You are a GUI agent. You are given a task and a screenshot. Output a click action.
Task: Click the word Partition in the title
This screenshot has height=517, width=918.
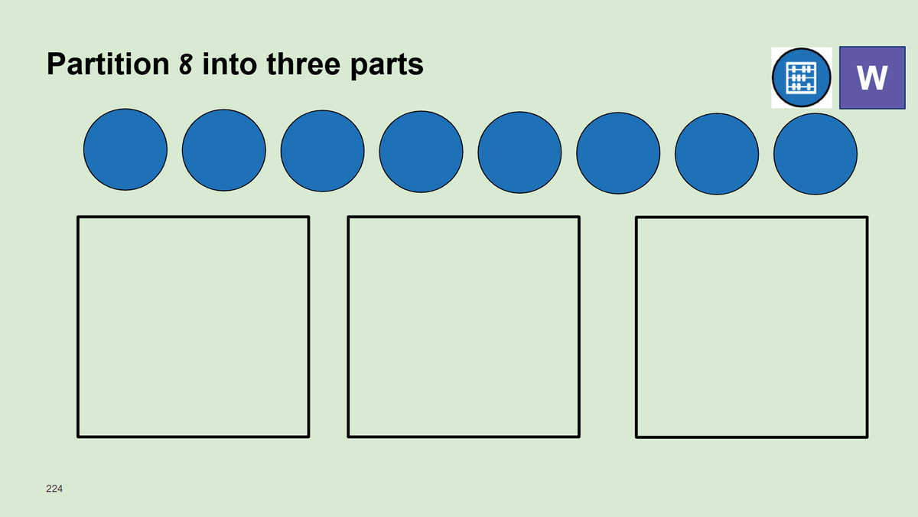click(x=108, y=64)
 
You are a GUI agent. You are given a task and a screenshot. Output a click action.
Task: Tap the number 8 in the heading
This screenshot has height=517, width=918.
click(x=186, y=64)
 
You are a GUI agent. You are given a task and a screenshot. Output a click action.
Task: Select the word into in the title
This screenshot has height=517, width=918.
click(x=230, y=64)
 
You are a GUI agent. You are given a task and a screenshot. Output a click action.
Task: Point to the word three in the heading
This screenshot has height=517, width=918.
click(x=303, y=64)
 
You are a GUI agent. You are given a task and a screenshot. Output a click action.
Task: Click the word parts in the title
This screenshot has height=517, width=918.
click(x=387, y=66)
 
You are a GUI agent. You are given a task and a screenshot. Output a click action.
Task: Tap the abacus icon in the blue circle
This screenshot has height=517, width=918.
click(x=801, y=77)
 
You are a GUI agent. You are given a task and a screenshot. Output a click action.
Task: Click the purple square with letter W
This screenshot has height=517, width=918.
click(x=872, y=77)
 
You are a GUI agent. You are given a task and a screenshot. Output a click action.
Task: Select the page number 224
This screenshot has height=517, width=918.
click(x=54, y=489)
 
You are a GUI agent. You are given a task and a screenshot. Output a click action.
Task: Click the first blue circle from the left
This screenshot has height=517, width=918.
click(x=125, y=149)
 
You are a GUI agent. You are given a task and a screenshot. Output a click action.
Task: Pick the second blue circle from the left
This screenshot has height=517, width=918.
click(x=223, y=150)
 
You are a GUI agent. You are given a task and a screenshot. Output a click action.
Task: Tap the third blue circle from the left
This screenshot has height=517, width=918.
click(x=323, y=151)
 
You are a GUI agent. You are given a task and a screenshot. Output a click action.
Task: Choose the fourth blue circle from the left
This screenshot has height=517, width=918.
click(x=421, y=152)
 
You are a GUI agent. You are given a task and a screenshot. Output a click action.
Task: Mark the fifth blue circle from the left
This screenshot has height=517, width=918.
click(x=519, y=152)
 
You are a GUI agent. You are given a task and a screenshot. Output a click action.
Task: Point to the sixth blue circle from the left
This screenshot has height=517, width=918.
click(x=618, y=153)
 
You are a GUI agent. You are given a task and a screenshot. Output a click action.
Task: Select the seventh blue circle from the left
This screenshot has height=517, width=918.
click(x=717, y=154)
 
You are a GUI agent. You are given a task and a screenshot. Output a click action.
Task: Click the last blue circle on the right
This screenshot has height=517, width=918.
click(x=815, y=154)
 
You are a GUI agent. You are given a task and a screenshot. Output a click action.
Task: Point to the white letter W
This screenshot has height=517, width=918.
click(x=872, y=77)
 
